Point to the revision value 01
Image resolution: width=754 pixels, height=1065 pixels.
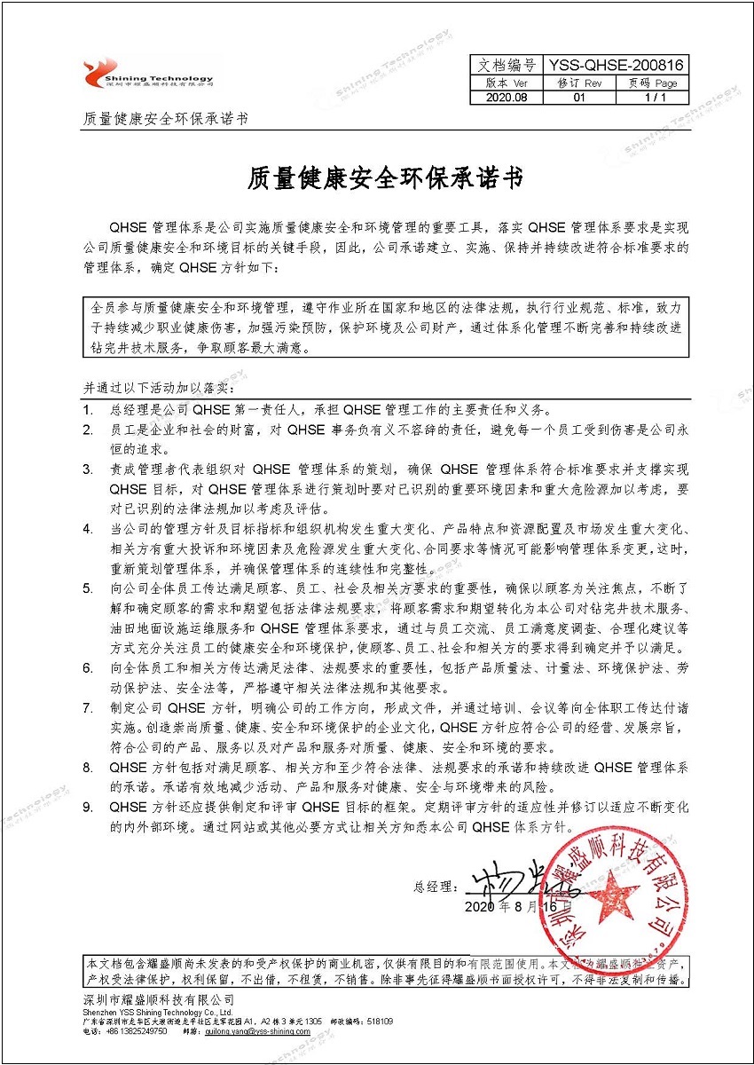pyautogui.click(x=579, y=99)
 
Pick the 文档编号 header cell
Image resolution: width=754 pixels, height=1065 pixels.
pyautogui.click(x=507, y=65)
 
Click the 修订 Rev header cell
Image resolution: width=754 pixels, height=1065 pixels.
pyautogui.click(x=579, y=83)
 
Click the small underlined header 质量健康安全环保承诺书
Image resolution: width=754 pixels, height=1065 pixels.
pyautogui.click(x=164, y=119)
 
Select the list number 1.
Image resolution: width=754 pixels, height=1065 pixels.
pyautogui.click(x=88, y=411)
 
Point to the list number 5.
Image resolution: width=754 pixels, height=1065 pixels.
pyautogui.click(x=88, y=588)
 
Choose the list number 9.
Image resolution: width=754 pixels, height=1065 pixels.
pyautogui.click(x=88, y=807)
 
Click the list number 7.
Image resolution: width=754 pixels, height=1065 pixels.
pyautogui.click(x=88, y=707)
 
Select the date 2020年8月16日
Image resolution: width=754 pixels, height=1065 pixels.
pyautogui.click(x=512, y=907)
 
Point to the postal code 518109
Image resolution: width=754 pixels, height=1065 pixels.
pyautogui.click(x=381, y=1021)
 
